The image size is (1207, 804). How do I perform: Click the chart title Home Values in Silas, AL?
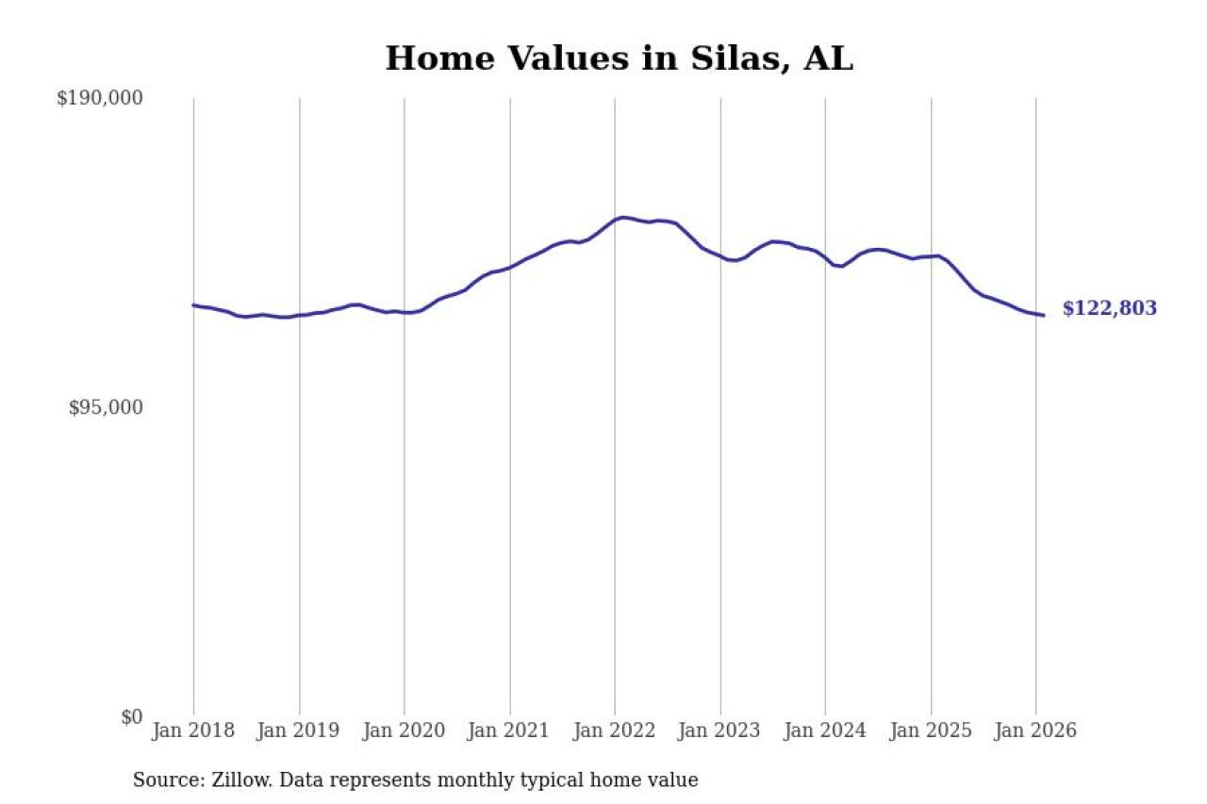pyautogui.click(x=619, y=58)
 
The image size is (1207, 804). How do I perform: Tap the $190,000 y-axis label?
pyautogui.click(x=99, y=98)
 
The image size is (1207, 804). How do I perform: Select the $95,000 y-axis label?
pyautogui.click(x=106, y=407)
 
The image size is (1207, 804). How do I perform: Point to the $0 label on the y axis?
pyautogui.click(x=131, y=717)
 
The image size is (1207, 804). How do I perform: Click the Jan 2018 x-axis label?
pyautogui.click(x=193, y=731)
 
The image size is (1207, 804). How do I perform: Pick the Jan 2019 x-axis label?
pyautogui.click(x=299, y=731)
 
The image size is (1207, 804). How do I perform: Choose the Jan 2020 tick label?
pyautogui.click(x=405, y=731)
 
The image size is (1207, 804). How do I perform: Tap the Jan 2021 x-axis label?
pyautogui.click(x=510, y=731)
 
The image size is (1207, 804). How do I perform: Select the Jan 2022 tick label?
pyautogui.click(x=615, y=731)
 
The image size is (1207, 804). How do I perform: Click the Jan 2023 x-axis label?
pyautogui.click(x=720, y=731)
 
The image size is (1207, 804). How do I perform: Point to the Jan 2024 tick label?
pyautogui.click(x=825, y=731)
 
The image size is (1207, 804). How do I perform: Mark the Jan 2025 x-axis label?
pyautogui.click(x=931, y=731)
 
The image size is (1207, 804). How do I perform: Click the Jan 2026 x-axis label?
pyautogui.click(x=1035, y=731)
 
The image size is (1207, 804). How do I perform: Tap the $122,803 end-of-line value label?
pyautogui.click(x=1109, y=309)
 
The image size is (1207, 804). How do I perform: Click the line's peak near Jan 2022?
pyautogui.click(x=622, y=218)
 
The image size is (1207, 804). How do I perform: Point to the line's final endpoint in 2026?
pyautogui.click(x=1043, y=315)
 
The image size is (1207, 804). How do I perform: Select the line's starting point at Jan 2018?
pyautogui.click(x=193, y=304)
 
